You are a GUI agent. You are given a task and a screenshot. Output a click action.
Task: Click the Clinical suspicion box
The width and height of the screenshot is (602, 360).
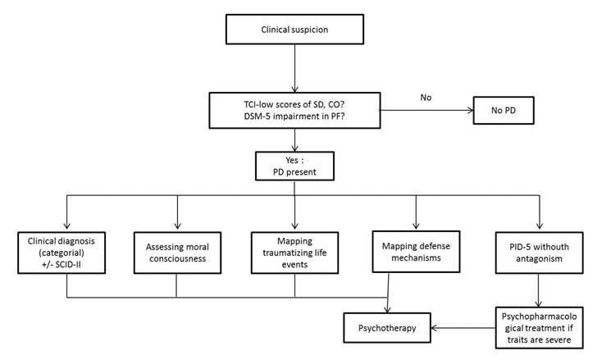pyautogui.click(x=294, y=30)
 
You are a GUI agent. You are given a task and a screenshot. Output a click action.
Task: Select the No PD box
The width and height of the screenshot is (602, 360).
pyautogui.click(x=504, y=110)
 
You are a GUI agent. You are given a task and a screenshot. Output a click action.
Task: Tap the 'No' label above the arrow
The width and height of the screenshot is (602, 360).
pyautogui.click(x=426, y=98)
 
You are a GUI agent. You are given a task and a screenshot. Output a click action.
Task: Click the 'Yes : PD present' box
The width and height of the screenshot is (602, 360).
pyautogui.click(x=294, y=166)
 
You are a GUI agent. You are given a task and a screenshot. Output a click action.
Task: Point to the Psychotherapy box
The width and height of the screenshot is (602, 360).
pyautogui.click(x=387, y=328)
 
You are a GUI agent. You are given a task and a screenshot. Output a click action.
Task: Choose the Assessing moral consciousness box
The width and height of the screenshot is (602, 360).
pyautogui.click(x=177, y=253)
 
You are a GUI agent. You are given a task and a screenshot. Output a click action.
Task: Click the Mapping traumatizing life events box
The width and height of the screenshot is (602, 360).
pyautogui.click(x=294, y=253)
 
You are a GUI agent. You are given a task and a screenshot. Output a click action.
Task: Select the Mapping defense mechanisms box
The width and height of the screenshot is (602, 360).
pyautogui.click(x=416, y=252)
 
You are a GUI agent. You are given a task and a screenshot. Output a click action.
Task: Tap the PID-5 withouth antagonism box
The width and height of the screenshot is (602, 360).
pyautogui.click(x=539, y=253)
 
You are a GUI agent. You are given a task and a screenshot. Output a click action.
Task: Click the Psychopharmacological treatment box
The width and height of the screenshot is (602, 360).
pyautogui.click(x=539, y=327)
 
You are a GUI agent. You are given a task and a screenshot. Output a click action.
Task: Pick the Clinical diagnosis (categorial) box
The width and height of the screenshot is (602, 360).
pyautogui.click(x=62, y=253)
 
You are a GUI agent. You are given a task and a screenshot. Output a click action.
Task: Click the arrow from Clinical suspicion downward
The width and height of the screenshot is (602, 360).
pyautogui.click(x=294, y=68)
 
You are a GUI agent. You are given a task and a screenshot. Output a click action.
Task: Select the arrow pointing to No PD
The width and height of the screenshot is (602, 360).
pyautogui.click(x=426, y=110)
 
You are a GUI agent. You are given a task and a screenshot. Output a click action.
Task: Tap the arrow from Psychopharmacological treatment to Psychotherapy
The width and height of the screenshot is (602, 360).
pyautogui.click(x=463, y=328)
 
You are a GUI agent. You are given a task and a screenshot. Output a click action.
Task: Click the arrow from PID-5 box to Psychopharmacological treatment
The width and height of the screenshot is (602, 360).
pyautogui.click(x=538, y=290)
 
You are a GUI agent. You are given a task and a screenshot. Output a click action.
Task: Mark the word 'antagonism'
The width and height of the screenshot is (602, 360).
pyautogui.click(x=539, y=258)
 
